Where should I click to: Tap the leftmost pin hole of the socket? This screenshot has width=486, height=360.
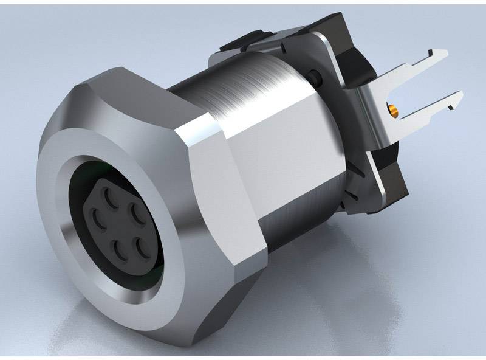point(95,216)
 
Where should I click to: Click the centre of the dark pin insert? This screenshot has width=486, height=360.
point(118,222)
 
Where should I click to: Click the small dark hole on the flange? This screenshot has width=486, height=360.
point(314,76)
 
